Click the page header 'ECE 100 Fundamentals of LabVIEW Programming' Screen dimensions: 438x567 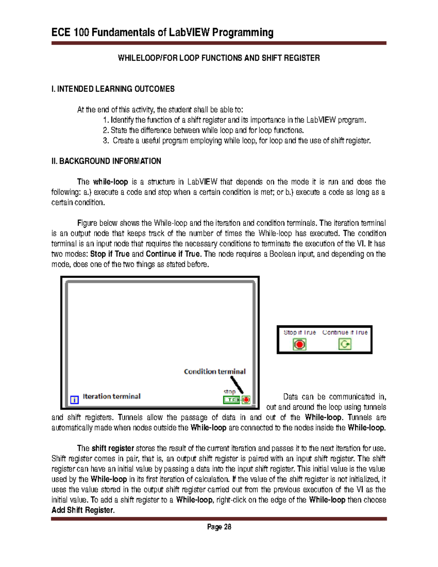point(162,32)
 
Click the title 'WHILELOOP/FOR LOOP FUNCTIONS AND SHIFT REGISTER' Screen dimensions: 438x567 point(219,58)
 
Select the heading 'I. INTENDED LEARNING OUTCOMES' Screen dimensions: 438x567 point(113,89)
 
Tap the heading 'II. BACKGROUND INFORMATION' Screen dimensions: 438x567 point(106,161)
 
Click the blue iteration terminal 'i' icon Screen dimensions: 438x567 point(74,400)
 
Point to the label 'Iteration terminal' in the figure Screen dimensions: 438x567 point(111,396)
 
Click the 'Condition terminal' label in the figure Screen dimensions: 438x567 point(215,371)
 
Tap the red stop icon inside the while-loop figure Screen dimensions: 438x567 point(246,400)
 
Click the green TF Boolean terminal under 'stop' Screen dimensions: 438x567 point(231,400)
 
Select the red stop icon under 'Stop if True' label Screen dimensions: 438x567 point(300,344)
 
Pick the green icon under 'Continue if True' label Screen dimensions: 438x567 point(345,344)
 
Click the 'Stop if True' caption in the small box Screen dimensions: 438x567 point(300,332)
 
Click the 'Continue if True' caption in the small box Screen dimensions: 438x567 point(345,332)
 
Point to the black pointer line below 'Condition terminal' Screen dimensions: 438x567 point(237,384)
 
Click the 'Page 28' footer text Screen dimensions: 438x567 point(219,527)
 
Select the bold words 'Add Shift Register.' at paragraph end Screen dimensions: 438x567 point(83,510)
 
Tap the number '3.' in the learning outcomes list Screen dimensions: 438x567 point(106,141)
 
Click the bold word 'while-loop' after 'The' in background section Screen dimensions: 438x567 point(110,182)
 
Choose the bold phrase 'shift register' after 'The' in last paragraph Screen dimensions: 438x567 point(113,448)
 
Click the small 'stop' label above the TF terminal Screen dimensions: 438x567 point(229,392)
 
